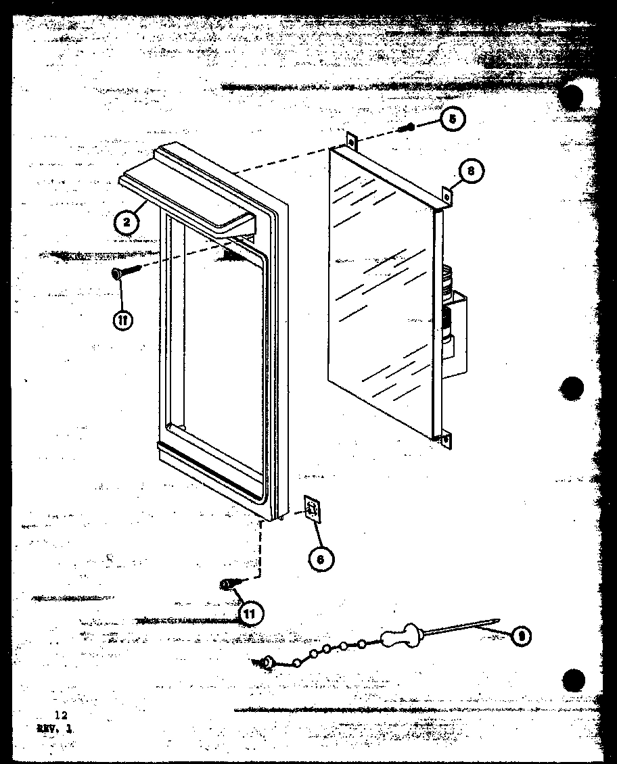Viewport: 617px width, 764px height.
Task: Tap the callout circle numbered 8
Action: [470, 172]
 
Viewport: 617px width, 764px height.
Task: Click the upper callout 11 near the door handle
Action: [122, 321]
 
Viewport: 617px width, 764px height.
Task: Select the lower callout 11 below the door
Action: [251, 614]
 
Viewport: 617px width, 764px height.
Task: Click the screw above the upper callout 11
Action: [125, 272]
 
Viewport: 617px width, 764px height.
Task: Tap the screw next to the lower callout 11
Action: [229, 583]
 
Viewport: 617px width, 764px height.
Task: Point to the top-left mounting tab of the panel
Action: [351, 141]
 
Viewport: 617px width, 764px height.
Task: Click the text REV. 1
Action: [58, 727]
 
